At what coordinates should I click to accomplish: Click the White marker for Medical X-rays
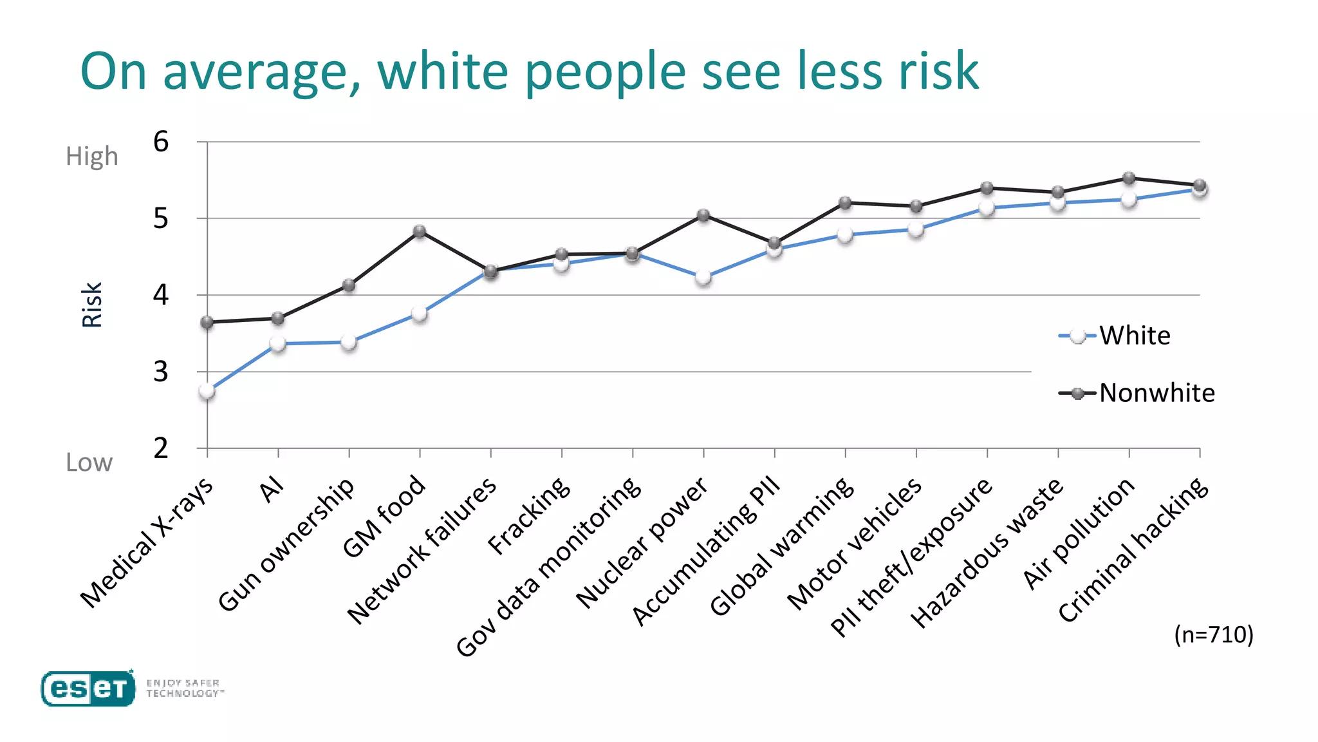pos(207,391)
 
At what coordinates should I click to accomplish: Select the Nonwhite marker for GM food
pos(420,231)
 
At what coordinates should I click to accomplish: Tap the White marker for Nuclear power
pos(703,278)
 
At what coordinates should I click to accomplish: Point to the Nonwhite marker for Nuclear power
pos(703,215)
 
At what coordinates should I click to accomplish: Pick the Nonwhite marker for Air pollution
pos(1129,178)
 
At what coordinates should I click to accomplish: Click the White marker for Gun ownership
pos(349,342)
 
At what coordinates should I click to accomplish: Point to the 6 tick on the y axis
pos(161,142)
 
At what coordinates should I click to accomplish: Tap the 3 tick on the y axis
pos(161,372)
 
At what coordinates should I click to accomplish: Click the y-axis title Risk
pos(92,305)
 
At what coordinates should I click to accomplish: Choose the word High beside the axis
pos(92,157)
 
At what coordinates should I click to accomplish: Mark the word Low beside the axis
pos(89,462)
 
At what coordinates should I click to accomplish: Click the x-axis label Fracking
pos(529,516)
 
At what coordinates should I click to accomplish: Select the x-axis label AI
pos(272,490)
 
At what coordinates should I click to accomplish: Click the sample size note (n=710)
pos(1214,634)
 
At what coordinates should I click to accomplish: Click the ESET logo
pos(88,689)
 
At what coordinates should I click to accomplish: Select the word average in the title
pos(262,71)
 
